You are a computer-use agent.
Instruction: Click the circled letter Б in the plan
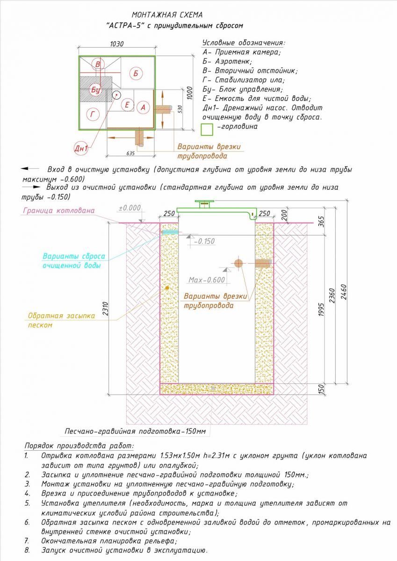[x=136, y=73]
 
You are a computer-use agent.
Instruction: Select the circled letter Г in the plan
[x=93, y=115]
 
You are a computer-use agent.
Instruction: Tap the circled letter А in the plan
[x=143, y=108]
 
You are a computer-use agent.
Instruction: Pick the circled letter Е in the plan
[x=127, y=104]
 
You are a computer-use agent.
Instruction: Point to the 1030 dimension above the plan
[x=117, y=44]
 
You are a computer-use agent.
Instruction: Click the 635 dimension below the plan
[x=130, y=153]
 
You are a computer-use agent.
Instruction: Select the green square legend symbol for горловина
[x=207, y=129]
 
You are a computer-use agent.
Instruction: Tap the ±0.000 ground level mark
[x=130, y=208]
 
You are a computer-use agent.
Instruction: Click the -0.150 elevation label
[x=204, y=241]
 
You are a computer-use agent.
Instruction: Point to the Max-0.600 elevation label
[x=207, y=280]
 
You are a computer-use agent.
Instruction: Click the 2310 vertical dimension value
[x=105, y=309]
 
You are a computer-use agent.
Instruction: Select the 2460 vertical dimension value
[x=343, y=292]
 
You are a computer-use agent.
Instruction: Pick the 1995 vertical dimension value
[x=321, y=310]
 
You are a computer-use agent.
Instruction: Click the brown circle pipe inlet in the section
[x=238, y=263]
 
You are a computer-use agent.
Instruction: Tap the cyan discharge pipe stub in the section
[x=170, y=232]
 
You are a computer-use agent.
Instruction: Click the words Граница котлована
[x=59, y=210]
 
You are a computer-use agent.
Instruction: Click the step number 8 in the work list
[x=27, y=551]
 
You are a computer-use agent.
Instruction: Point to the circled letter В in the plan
[x=98, y=64]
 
